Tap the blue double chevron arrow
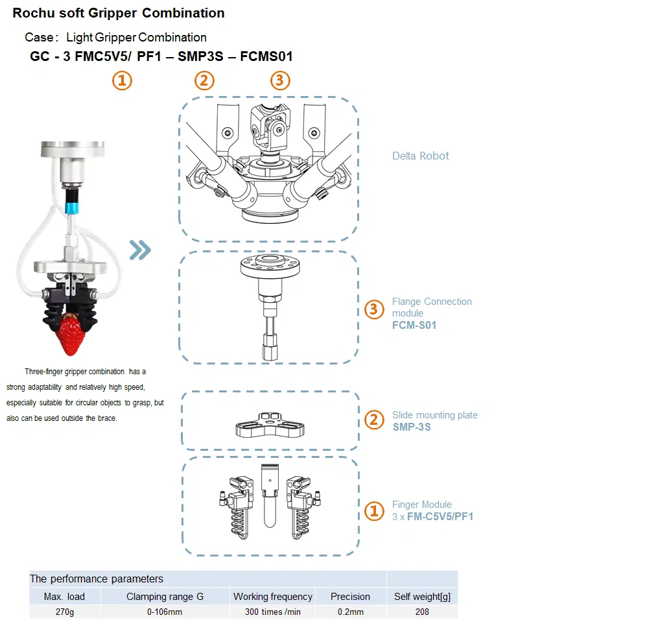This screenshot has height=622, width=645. point(140,249)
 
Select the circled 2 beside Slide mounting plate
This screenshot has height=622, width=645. point(373,420)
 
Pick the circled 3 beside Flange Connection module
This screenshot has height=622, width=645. point(373,309)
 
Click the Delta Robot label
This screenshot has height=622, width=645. point(420,156)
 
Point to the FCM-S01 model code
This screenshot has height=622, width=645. point(414,325)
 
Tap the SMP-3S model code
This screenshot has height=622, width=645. point(412,427)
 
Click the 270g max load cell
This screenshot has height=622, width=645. point(64,612)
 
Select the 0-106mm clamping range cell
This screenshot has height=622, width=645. point(165,612)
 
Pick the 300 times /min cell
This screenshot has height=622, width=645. point(272,612)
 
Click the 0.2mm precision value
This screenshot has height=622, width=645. point(350,612)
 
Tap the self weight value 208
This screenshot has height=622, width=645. point(422,612)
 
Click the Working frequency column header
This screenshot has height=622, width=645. point(272,596)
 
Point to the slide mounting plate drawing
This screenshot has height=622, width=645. point(270,425)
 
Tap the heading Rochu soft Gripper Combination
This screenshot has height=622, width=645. point(119,13)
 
